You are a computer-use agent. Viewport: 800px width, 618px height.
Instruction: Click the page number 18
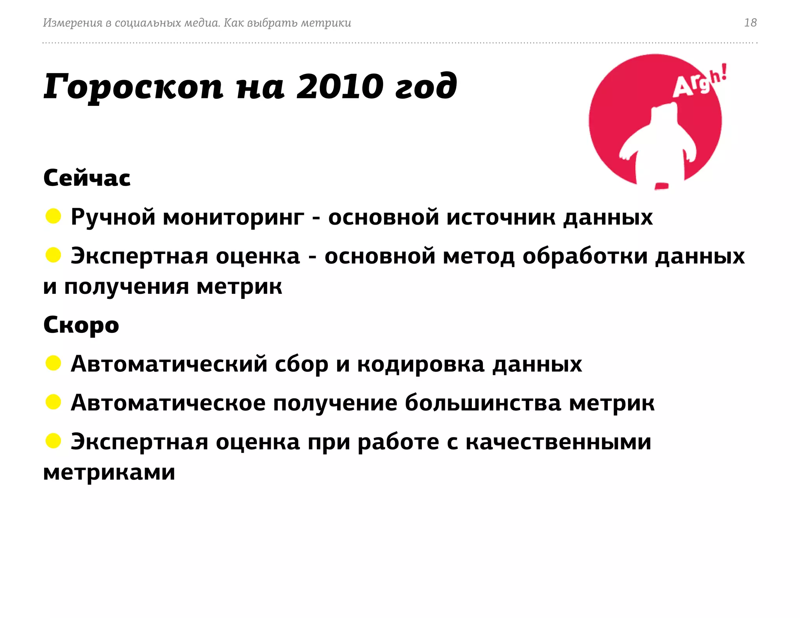(x=750, y=23)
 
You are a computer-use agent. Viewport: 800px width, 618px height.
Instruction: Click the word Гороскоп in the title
(x=133, y=87)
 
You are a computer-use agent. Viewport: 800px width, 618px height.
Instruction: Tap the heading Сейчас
(x=87, y=178)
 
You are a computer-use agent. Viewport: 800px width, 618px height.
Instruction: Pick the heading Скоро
(x=81, y=325)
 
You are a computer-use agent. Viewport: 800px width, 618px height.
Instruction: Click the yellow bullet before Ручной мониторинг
(x=53, y=216)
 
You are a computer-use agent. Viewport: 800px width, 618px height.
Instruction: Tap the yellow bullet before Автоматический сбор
(x=53, y=363)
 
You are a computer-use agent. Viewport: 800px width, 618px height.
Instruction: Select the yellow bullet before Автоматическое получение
(x=53, y=402)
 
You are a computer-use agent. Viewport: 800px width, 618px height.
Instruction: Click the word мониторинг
(x=233, y=218)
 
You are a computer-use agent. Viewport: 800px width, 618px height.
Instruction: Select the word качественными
(x=558, y=442)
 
